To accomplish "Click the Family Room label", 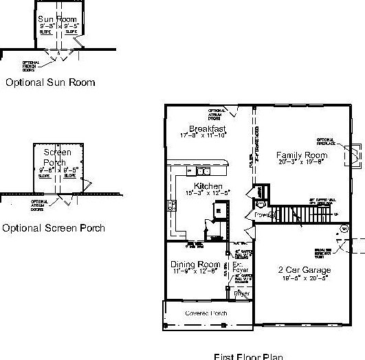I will coord(302,155).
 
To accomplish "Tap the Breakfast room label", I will coord(208,128).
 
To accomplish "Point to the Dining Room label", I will coord(195,265).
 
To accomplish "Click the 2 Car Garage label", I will coord(304,270).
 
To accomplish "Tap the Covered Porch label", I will coord(206,313).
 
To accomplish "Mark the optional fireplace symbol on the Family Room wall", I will coord(355,157).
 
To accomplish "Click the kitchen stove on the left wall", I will coord(170,206).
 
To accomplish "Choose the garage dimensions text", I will coord(304,278).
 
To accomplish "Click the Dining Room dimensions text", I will coord(195,272).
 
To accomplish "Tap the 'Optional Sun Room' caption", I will coord(50,82).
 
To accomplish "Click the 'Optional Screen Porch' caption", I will coord(54,227).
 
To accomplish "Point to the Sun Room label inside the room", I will coord(57,19).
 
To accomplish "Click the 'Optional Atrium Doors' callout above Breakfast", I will coord(217,113).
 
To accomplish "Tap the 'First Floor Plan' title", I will coord(248,356).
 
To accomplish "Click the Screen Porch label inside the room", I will coord(58,157).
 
